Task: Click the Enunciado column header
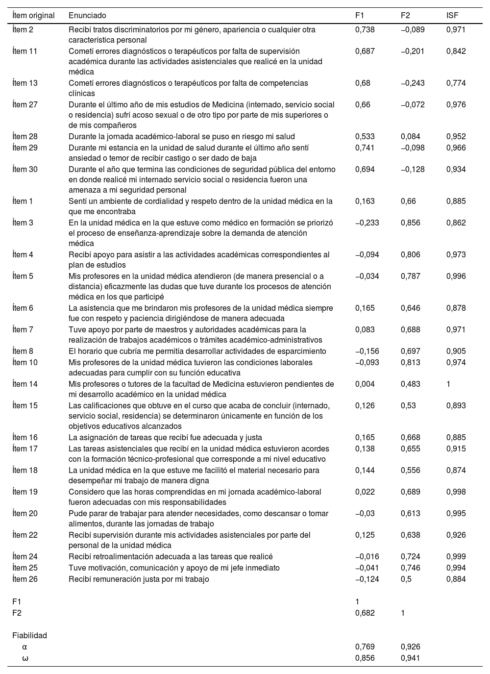click(87, 16)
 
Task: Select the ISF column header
click(452, 16)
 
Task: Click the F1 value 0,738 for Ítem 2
click(365, 29)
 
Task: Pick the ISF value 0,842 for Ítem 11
click(456, 51)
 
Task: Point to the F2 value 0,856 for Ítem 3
click(410, 223)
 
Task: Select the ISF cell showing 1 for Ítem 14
click(448, 384)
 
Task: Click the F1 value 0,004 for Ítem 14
click(365, 384)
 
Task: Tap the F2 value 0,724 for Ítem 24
click(410, 556)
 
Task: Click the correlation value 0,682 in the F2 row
click(365, 613)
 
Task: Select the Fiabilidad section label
click(29, 635)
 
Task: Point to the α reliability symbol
click(25, 647)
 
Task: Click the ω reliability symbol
click(25, 658)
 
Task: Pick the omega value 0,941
click(410, 658)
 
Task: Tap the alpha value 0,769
click(365, 647)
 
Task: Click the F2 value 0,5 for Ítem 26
click(406, 579)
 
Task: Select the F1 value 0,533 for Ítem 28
click(365, 136)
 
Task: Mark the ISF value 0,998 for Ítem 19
click(456, 492)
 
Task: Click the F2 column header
click(405, 16)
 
